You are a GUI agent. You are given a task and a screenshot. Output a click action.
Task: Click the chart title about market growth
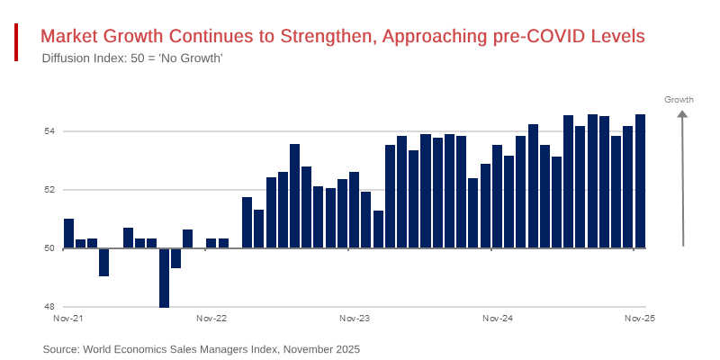343,36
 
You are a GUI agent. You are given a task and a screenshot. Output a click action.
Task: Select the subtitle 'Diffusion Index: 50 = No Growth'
132,58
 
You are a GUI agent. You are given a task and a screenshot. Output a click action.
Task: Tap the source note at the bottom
201,348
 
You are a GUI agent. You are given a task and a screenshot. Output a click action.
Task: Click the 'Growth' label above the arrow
679,99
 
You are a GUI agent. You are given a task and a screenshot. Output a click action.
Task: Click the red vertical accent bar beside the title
16,43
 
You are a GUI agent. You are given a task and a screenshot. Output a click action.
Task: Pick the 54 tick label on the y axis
49,131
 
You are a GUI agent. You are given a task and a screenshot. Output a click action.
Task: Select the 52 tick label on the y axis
49,190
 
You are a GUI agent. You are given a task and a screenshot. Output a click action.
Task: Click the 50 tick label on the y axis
49,248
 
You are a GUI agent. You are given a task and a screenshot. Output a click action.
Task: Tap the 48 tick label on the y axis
49,307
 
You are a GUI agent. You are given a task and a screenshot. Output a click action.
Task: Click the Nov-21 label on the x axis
68,319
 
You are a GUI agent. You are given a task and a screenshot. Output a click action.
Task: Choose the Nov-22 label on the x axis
211,319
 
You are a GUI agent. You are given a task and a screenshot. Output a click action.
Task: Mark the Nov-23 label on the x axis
355,319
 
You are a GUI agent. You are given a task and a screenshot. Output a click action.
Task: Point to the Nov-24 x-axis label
498,319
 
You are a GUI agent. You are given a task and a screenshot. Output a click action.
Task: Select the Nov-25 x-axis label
640,319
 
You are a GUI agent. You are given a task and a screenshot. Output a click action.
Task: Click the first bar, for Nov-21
68,233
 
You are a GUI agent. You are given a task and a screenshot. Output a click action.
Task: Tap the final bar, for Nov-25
640,181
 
